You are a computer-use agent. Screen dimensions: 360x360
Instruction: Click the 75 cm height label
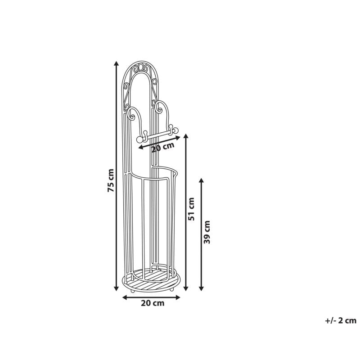[x=111, y=180]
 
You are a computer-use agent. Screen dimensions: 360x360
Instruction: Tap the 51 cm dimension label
[x=191, y=209]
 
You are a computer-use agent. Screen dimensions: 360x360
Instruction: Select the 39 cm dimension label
[x=207, y=232]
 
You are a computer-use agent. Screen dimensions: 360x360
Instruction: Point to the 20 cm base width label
[x=153, y=303]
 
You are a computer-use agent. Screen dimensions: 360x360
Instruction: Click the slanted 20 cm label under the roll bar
[x=163, y=147]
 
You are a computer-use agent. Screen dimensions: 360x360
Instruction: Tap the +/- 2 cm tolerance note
[x=341, y=320]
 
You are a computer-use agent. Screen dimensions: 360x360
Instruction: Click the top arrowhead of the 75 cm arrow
[x=117, y=63]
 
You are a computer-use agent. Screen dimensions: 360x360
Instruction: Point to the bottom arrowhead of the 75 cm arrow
[x=117, y=288]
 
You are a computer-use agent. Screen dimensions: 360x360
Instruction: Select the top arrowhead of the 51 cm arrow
[x=186, y=136]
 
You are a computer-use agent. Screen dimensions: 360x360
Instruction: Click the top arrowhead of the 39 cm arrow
[x=201, y=180]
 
